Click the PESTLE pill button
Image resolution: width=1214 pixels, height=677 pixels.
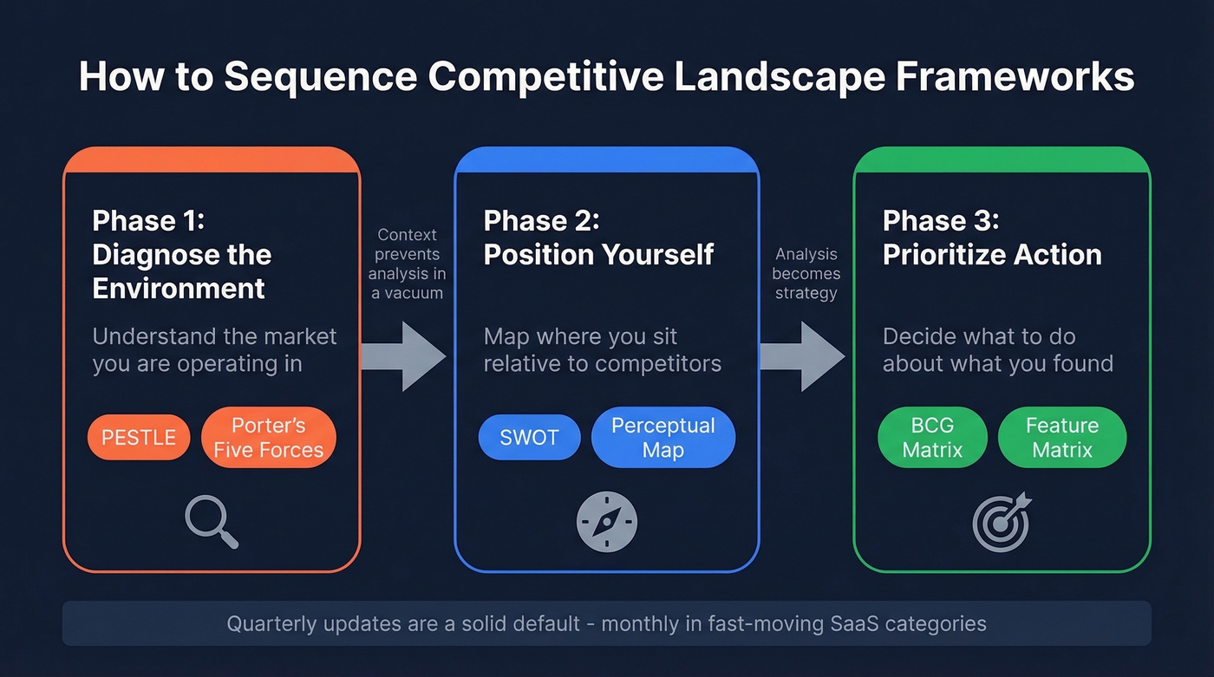click(x=139, y=438)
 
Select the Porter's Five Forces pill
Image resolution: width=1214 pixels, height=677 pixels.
click(x=268, y=438)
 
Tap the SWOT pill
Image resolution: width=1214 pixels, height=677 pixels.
click(x=529, y=438)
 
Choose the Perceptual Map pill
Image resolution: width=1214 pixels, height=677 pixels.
click(x=662, y=438)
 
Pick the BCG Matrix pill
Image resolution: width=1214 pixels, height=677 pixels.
click(x=932, y=438)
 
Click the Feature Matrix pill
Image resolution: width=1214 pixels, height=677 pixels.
click(x=1061, y=438)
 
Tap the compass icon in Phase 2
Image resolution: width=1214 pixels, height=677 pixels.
click(x=606, y=522)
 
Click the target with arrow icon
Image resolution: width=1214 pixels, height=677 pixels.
click(x=1002, y=522)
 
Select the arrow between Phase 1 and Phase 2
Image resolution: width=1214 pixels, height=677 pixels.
click(x=402, y=356)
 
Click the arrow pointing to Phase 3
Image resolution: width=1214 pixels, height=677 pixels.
click(x=801, y=356)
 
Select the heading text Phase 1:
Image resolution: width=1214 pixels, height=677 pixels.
click(x=148, y=220)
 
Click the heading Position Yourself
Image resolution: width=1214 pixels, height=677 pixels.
click(x=598, y=255)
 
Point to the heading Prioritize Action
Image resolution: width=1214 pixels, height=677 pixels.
click(x=992, y=255)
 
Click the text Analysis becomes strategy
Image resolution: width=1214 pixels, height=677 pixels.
click(x=806, y=273)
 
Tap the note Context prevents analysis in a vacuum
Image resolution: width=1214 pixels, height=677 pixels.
click(x=407, y=264)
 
